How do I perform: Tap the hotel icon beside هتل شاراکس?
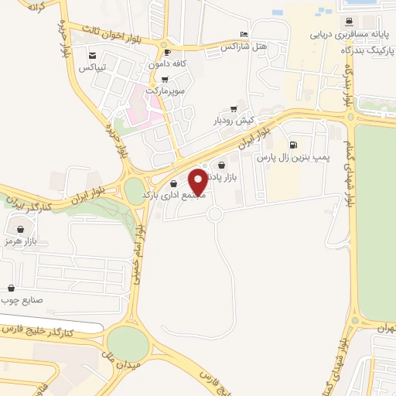244,35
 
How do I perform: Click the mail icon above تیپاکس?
93,55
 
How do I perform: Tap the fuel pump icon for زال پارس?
292,145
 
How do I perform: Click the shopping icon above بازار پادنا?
223,165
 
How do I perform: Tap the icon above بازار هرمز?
20,230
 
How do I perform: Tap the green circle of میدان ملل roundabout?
127,343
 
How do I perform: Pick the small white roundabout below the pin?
215,213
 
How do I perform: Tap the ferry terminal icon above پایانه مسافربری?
351,21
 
